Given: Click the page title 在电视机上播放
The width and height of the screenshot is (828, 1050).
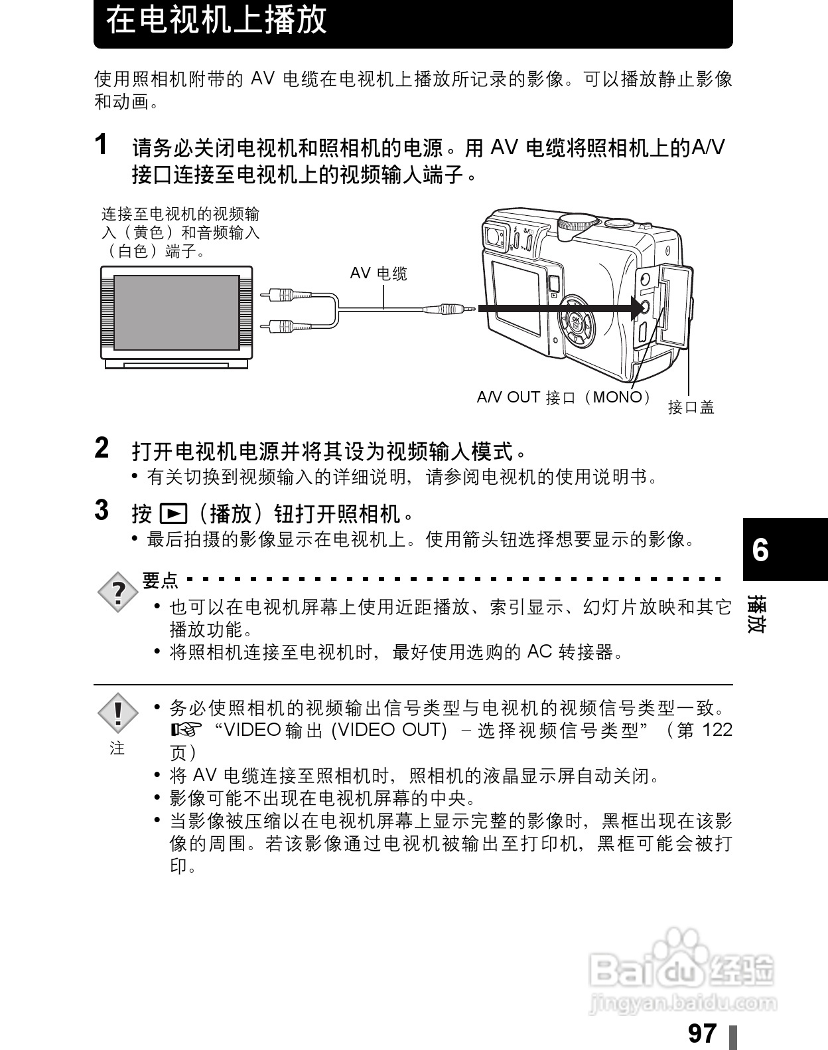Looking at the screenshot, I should [216, 20].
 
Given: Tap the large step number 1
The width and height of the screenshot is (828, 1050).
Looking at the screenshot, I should [102, 144].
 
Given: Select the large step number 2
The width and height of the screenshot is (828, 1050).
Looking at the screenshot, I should [102, 448].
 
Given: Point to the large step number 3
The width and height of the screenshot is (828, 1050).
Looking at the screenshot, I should [102, 510].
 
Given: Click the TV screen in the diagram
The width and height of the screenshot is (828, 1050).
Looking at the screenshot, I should [176, 312].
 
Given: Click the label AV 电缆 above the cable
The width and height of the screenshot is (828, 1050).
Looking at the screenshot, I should [378, 274].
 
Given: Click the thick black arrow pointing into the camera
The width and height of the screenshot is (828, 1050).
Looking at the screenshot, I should [557, 308].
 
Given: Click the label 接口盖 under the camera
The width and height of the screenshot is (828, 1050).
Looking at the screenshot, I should [691, 407].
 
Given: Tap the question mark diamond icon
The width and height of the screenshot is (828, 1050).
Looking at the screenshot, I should [118, 591].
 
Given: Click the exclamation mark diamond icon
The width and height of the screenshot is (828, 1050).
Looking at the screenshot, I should [117, 713].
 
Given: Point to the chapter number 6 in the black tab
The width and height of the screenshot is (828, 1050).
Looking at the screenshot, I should [760, 550].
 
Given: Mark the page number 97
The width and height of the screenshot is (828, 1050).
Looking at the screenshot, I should [703, 1033].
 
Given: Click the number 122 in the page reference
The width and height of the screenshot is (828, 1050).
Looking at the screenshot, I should [717, 730].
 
